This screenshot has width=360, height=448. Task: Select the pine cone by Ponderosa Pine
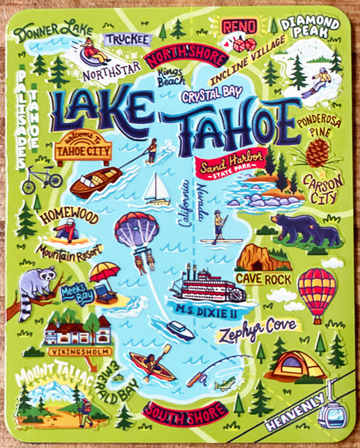pos(317,152)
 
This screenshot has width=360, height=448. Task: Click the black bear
pos(305,229)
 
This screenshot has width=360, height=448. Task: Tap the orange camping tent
pos(298,364)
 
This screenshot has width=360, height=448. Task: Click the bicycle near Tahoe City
pos(43,179)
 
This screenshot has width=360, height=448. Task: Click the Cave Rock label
pos(258,278)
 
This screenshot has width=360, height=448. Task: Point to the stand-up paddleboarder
pos(218,226)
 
